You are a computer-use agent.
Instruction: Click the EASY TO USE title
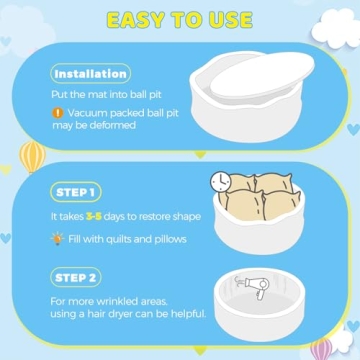180,20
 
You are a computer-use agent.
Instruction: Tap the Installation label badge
91,74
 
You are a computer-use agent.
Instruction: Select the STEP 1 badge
76,192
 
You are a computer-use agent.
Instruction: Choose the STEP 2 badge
76,277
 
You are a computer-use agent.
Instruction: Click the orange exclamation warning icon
58,113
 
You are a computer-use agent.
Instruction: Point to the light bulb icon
57,238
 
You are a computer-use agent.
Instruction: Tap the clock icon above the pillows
221,182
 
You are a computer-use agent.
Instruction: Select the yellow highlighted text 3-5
93,217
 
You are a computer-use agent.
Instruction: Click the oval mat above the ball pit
262,76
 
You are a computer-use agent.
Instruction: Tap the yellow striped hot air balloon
32,157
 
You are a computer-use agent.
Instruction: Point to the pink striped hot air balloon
321,348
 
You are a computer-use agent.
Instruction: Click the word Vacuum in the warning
88,113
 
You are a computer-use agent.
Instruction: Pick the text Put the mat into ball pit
106,95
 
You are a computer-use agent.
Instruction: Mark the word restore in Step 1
155,217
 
